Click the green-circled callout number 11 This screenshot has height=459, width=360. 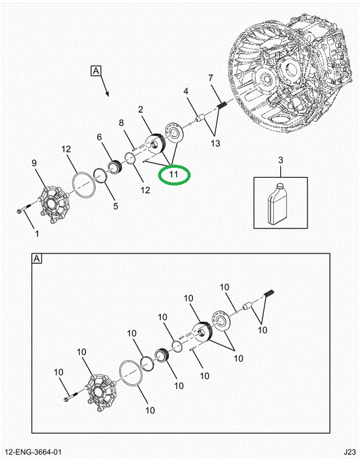(x=173, y=175)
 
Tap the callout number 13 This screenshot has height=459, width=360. (x=215, y=143)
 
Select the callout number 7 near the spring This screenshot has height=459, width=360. (x=211, y=78)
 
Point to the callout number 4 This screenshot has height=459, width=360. (x=186, y=91)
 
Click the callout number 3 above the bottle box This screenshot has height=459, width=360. (x=280, y=160)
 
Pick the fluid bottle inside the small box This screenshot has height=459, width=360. (x=277, y=204)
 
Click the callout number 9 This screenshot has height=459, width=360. (x=34, y=163)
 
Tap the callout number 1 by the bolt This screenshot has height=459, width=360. (x=37, y=233)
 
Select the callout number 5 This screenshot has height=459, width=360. (x=115, y=206)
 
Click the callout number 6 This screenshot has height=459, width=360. (x=99, y=137)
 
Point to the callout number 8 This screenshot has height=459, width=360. (x=122, y=123)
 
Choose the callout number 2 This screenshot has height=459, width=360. (x=141, y=110)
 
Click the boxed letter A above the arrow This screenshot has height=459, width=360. (x=96, y=71)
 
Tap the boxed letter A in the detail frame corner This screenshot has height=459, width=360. (x=37, y=259)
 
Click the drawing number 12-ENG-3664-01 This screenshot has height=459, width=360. (x=32, y=452)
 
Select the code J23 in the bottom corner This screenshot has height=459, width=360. (x=350, y=452)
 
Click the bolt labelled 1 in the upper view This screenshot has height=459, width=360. (x=24, y=208)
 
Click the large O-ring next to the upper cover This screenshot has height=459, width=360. (x=83, y=184)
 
